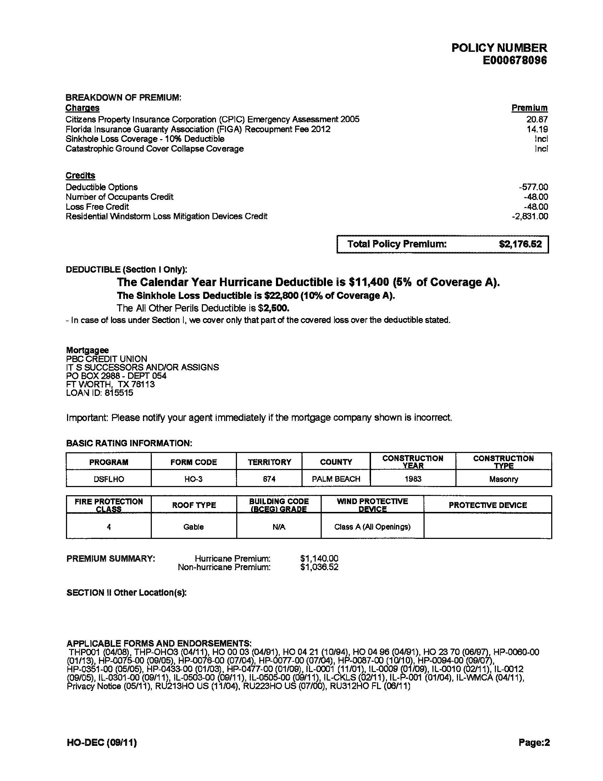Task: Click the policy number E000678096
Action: point(514,60)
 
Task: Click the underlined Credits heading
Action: point(81,176)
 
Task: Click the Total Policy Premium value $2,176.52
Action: point(520,244)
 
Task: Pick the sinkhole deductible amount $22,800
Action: point(281,296)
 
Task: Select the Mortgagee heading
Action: point(88,350)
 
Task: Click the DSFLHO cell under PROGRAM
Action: point(109,479)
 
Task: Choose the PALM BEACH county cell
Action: point(336,479)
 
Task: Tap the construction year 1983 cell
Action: point(413,479)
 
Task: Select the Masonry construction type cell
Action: point(503,479)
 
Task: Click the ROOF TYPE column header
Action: point(194,505)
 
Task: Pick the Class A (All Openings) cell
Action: point(372,527)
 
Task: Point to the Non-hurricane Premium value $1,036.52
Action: point(319,567)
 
